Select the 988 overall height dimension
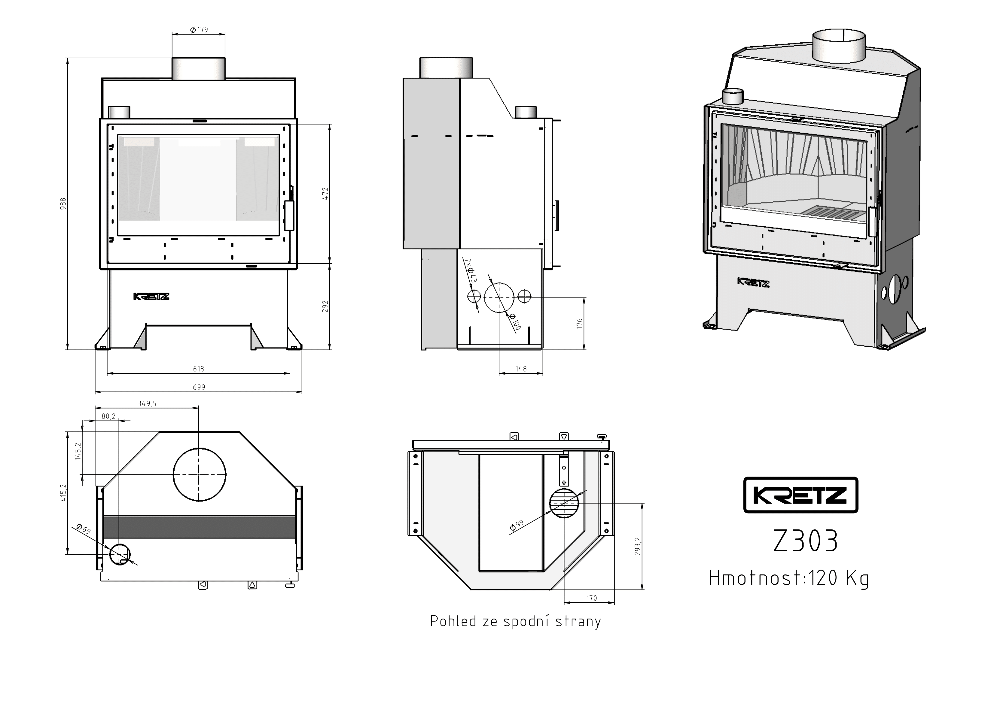click(63, 204)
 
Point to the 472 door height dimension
click(325, 193)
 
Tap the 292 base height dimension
click(325, 306)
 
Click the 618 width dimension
click(198, 369)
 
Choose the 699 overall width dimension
click(199, 387)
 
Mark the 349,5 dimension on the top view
click(147, 404)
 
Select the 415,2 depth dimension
click(64, 493)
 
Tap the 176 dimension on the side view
click(580, 324)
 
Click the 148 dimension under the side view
click(521, 369)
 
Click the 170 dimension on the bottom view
click(591, 598)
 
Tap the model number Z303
click(806, 541)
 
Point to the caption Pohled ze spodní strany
click(515, 621)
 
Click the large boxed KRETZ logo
click(800, 495)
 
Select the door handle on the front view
click(289, 215)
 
